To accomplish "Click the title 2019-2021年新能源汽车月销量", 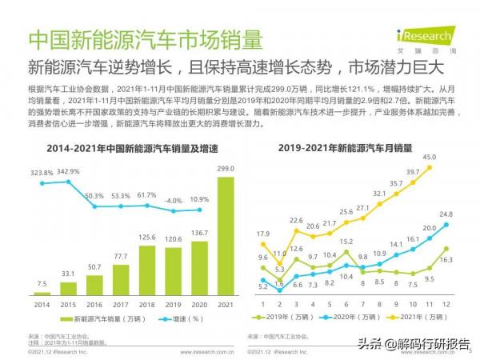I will tap(356, 147).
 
